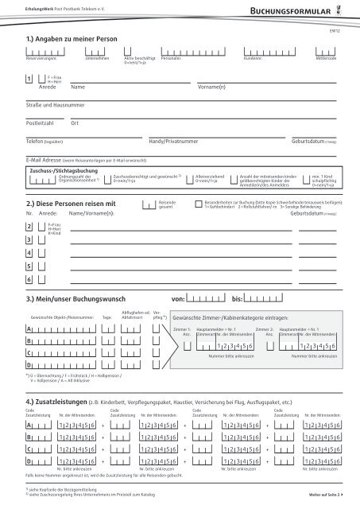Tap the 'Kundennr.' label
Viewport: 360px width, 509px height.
(254, 59)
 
